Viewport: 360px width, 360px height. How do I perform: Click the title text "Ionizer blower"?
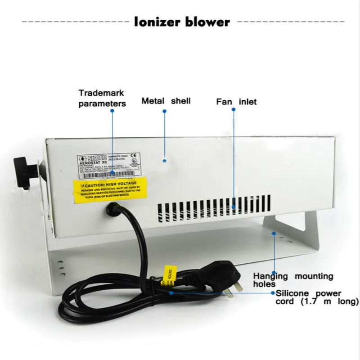click(x=182, y=22)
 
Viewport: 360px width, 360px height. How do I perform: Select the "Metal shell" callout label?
click(x=166, y=101)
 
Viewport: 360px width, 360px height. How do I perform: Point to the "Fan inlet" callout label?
click(x=236, y=102)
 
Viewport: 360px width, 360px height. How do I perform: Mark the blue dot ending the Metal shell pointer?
click(x=165, y=160)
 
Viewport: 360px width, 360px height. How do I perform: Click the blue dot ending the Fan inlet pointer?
click(x=233, y=207)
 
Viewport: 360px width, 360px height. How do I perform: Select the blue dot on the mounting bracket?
click(x=273, y=233)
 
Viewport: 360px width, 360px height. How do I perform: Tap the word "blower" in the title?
click(x=207, y=22)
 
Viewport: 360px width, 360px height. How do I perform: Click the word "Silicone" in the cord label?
click(x=292, y=293)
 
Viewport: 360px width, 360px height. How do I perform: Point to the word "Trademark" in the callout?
click(x=101, y=93)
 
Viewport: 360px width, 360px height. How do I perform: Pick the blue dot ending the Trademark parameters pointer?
click(x=112, y=173)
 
